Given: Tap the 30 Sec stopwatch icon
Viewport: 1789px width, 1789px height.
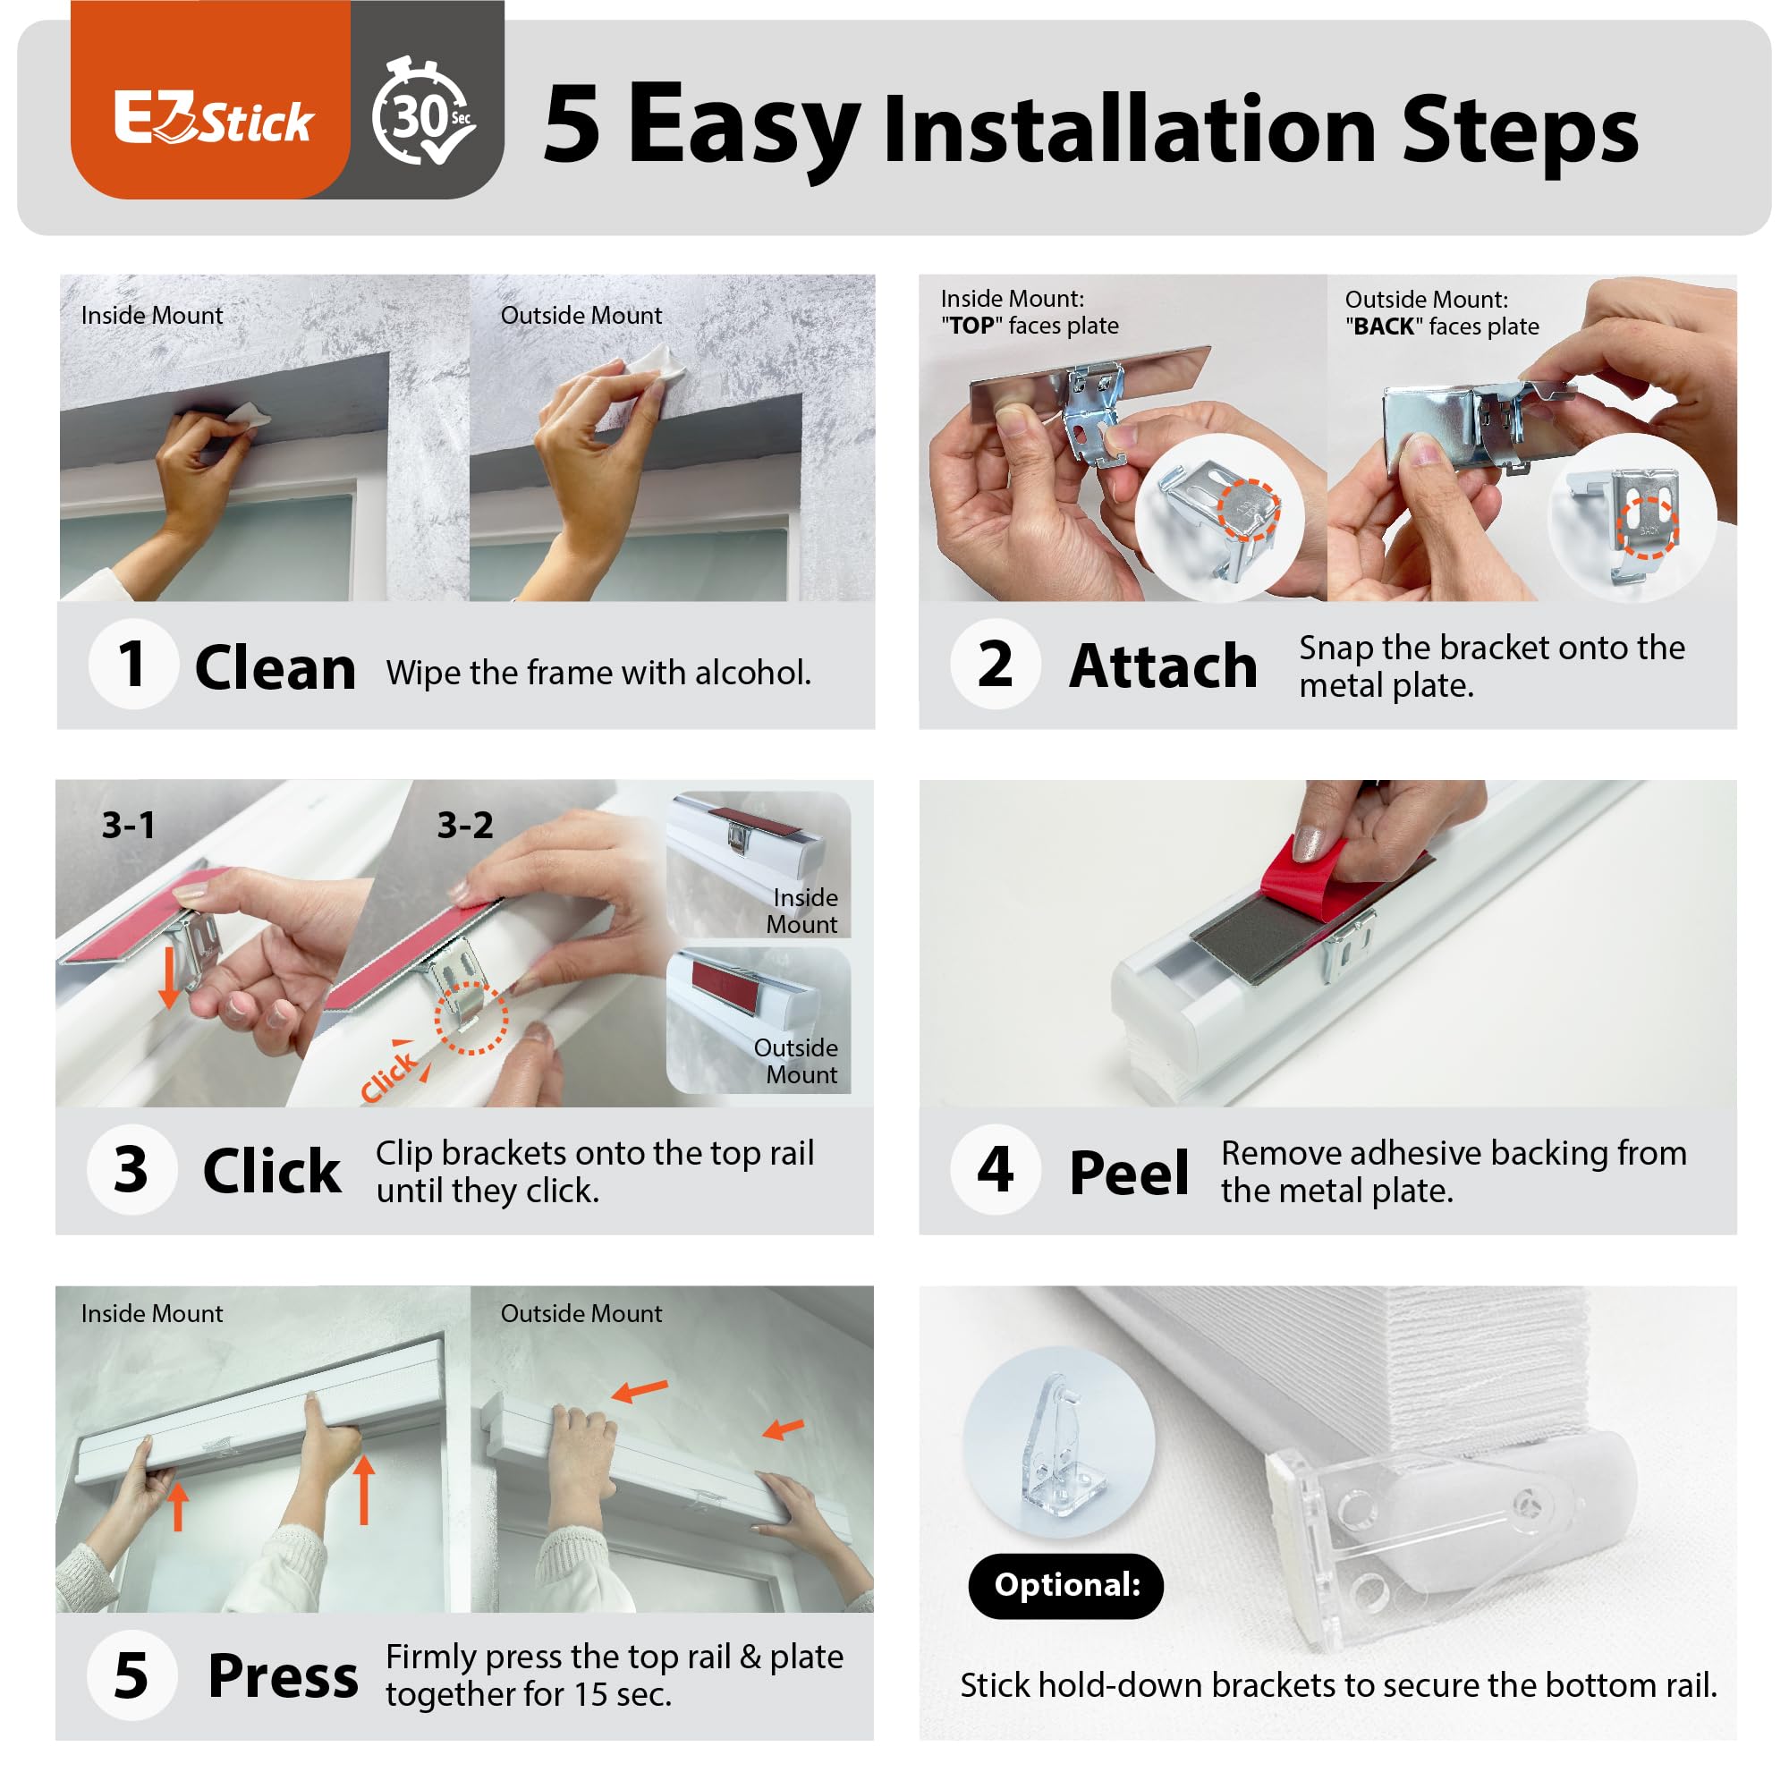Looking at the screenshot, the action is (x=423, y=112).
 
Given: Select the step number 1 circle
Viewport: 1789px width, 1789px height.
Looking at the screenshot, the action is (x=133, y=664).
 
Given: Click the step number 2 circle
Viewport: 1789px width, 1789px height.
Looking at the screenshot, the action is (x=996, y=664).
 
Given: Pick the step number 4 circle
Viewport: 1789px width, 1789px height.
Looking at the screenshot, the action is (x=996, y=1169).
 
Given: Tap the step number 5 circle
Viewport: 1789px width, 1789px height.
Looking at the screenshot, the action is (x=131, y=1675).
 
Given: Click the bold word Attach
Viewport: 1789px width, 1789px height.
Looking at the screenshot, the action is (x=1163, y=666).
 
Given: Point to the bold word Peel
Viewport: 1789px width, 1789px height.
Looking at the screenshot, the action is (x=1129, y=1173).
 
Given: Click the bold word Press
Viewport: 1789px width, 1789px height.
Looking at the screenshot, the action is (x=284, y=1676).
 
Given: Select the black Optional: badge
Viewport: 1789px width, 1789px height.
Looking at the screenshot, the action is (x=1066, y=1585).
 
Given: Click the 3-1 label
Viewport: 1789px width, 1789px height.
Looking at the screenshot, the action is (x=129, y=825).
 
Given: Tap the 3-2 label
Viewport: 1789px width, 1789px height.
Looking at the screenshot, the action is (x=465, y=825).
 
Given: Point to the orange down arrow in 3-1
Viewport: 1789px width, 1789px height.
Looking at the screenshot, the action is (x=168, y=976).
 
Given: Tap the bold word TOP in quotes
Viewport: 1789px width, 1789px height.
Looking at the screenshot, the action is (x=972, y=326).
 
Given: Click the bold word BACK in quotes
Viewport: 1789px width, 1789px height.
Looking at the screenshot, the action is (x=1385, y=326).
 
